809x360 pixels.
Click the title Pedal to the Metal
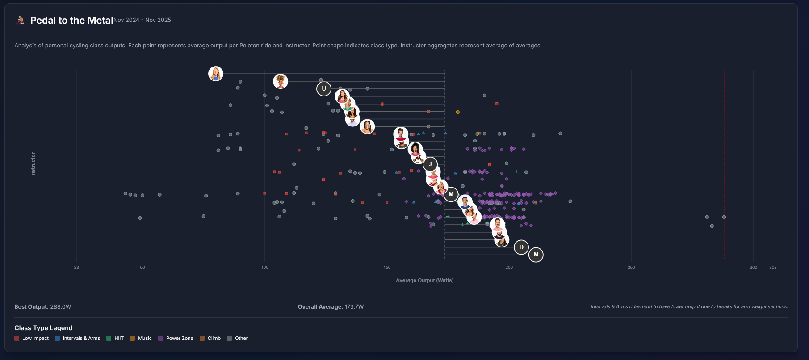coord(71,20)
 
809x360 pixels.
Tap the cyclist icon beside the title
coord(21,20)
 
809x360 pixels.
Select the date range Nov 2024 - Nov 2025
coord(142,20)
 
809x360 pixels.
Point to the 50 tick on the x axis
coord(143,268)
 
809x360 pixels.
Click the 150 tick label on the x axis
coord(387,268)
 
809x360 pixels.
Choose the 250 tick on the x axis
coord(631,268)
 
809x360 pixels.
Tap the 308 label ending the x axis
coord(773,268)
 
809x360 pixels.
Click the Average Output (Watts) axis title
coord(424,280)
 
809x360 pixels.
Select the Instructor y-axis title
coord(33,164)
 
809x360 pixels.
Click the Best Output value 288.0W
coord(61,307)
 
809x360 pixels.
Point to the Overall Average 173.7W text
coord(331,307)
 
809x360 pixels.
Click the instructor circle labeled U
coord(324,89)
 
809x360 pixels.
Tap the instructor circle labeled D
coord(521,247)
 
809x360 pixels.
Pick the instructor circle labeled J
coord(430,164)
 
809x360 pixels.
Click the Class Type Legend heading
coord(43,328)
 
